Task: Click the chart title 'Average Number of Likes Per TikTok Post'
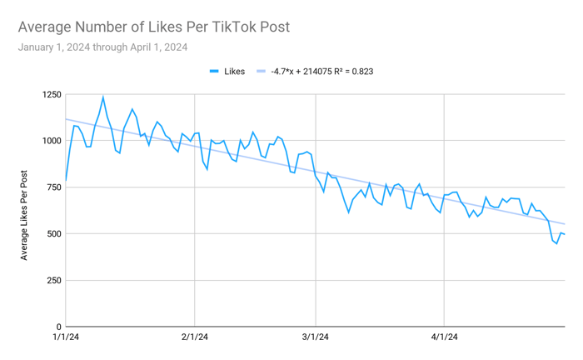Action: pos(154,27)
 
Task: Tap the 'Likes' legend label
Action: pos(234,72)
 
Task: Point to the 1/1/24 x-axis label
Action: pos(66,337)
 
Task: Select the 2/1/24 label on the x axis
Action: pos(194,337)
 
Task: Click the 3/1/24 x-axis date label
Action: pos(315,337)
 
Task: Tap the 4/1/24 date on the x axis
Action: pos(444,337)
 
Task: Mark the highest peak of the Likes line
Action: pos(103,97)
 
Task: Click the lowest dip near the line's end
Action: pos(556,243)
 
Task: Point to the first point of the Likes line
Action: pos(66,180)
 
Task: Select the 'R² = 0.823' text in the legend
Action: pos(350,72)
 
